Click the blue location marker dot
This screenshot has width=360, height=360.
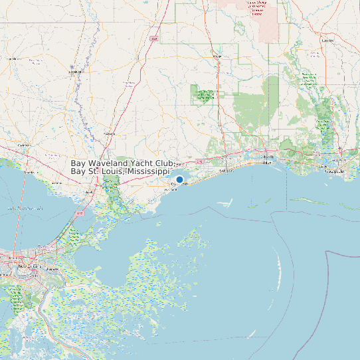179,179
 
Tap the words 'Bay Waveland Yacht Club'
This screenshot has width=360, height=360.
122,163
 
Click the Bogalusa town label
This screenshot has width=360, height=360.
74,72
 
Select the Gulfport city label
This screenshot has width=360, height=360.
226,171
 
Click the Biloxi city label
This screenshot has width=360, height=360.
268,161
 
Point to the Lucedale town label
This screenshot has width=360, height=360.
327,41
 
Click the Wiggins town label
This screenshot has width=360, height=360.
217,56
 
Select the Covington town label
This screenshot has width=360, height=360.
25,144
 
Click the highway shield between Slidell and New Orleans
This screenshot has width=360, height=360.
80,213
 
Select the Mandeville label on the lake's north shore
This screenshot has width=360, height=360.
29,171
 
